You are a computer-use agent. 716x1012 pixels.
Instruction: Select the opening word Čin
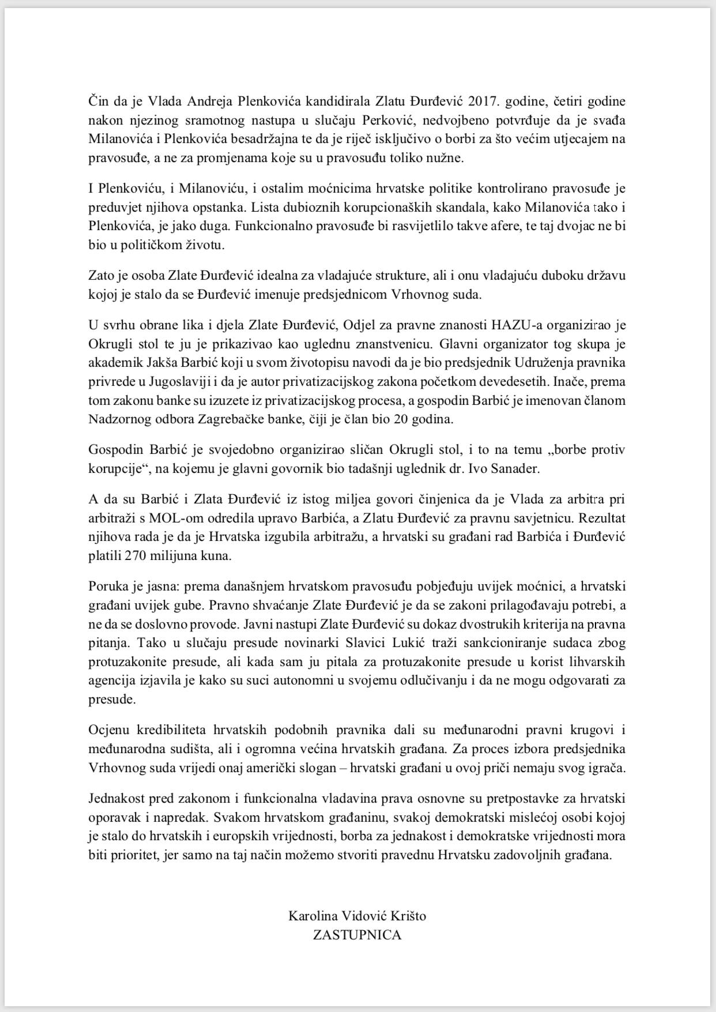97,101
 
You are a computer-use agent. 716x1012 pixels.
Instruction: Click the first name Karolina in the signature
312,916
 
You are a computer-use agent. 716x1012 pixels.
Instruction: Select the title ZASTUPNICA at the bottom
357,935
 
